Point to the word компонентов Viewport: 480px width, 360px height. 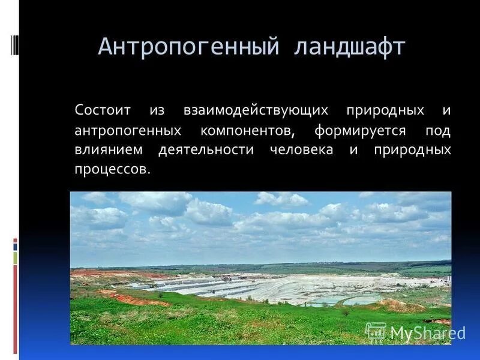click(x=247, y=130)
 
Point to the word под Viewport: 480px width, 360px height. click(x=438, y=130)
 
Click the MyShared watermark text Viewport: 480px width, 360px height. click(x=428, y=333)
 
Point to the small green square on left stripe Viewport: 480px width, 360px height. click(x=16, y=258)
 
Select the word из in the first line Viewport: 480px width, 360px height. click(x=157, y=111)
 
